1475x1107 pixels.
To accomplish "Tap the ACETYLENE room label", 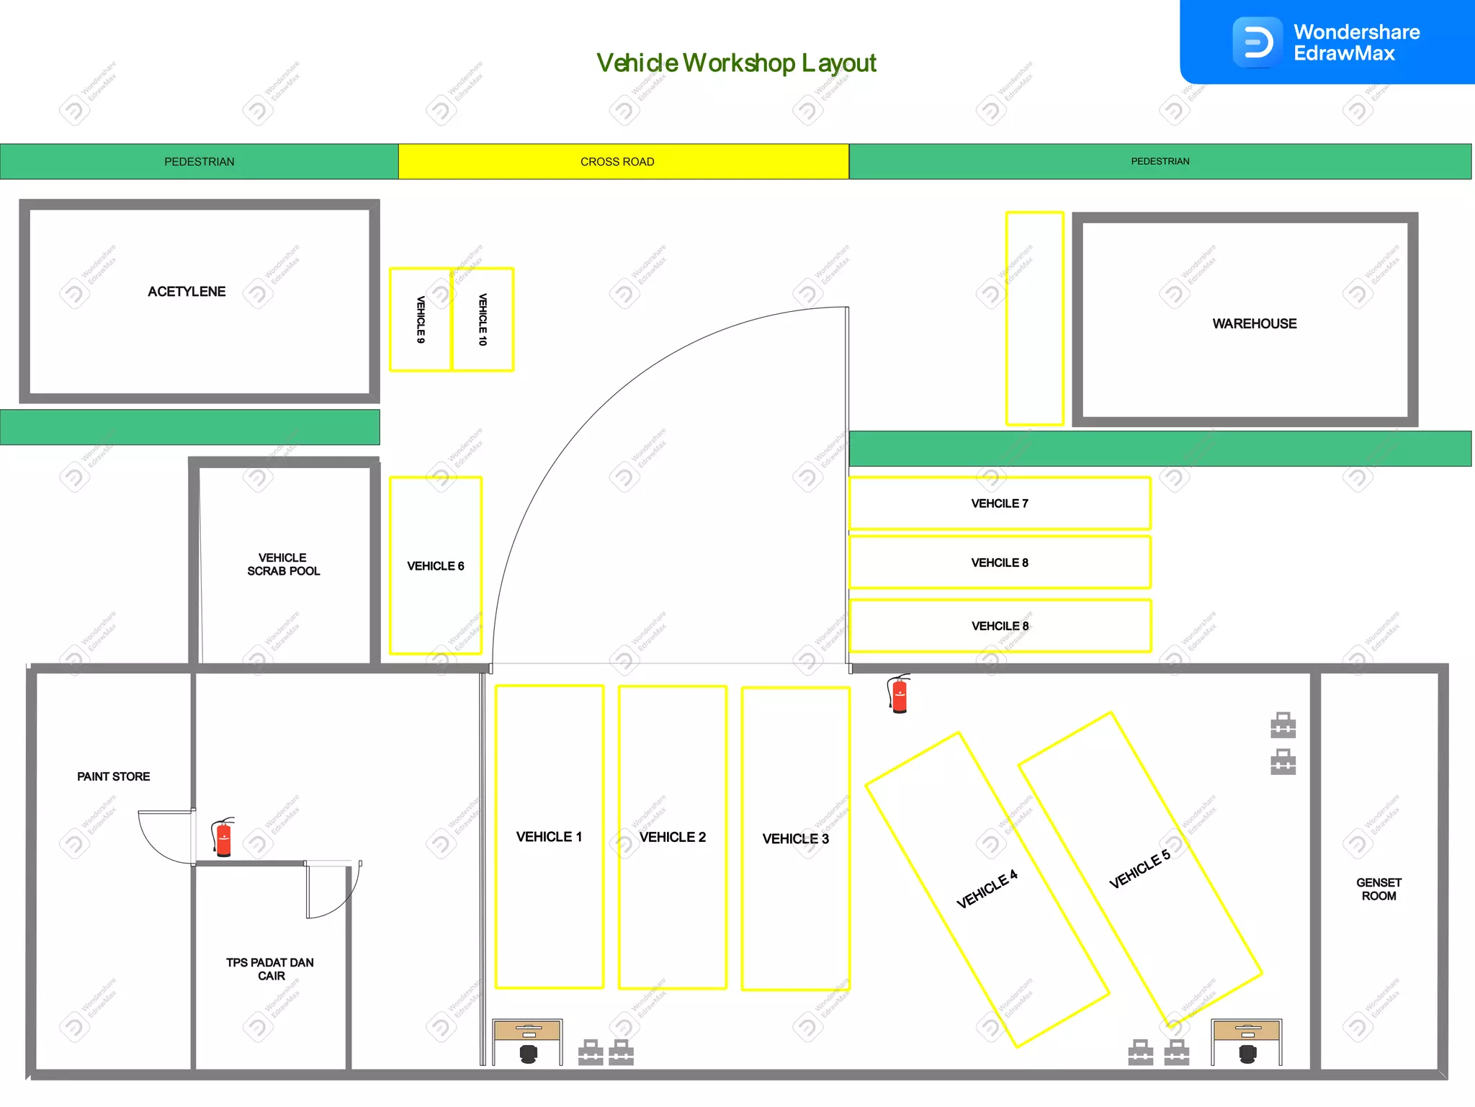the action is click(187, 292).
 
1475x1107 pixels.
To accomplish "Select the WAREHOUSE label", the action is click(1254, 324).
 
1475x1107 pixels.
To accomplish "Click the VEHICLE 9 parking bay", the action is click(421, 320).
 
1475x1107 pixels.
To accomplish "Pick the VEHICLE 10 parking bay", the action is click(483, 320).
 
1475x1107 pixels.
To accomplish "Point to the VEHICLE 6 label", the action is click(436, 566).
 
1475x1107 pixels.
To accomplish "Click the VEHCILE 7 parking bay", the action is click(1000, 503).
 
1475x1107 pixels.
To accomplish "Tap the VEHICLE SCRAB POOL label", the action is click(283, 565).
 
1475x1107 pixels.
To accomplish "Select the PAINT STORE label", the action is click(114, 776).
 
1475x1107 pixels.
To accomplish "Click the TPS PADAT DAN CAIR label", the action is click(270, 969).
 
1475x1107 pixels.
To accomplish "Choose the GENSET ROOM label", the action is click(1378, 889).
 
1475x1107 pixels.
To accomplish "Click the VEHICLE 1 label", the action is click(549, 837).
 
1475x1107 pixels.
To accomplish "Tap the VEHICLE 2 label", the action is click(673, 837).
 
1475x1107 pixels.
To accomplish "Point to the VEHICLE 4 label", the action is click(987, 889).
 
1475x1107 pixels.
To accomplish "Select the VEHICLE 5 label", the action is click(1139, 869).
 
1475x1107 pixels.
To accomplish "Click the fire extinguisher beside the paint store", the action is click(223, 838).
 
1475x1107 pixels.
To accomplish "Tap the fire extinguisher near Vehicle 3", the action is click(899, 694).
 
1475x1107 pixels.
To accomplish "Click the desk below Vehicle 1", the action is click(528, 1032).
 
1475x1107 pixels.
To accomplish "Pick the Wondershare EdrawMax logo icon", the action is click(1257, 42).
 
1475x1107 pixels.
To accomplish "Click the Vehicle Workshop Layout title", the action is click(736, 63).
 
